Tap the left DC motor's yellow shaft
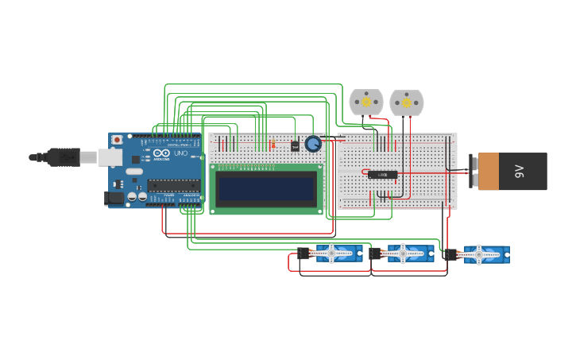[x=366, y=102]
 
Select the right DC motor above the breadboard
[x=407, y=103]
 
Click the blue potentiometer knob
[x=313, y=144]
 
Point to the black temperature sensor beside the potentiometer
[x=295, y=145]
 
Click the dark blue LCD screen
[x=266, y=188]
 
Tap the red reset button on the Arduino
[x=118, y=140]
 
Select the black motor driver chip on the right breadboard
[x=382, y=174]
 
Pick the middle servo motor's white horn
[x=404, y=254]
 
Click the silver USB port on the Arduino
[x=110, y=157]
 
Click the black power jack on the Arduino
[x=114, y=199]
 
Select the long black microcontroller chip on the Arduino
[x=173, y=185]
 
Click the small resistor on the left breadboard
[x=273, y=145]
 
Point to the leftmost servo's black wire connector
[x=303, y=254]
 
